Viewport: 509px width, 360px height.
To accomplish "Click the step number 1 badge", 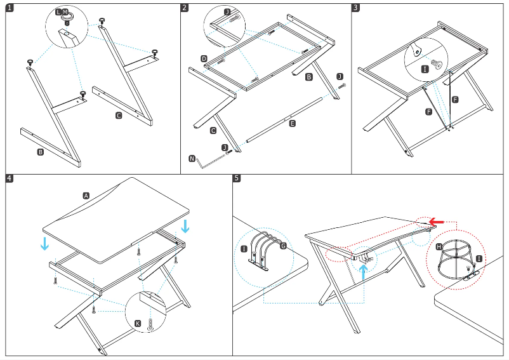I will (9, 8).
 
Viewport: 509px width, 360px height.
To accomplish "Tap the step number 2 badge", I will (184, 8).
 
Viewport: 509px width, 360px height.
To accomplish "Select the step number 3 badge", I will (355, 8).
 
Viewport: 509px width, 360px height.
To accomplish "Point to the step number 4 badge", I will (9, 178).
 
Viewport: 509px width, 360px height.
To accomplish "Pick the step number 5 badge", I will (237, 178).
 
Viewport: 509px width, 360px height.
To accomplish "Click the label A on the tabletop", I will (86, 196).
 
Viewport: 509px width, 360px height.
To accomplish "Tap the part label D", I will (204, 58).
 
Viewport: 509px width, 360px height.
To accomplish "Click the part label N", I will (192, 158).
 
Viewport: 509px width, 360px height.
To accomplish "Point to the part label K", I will (137, 324).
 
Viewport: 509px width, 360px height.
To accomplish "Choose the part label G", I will (283, 245).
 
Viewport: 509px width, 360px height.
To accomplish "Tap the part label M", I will (65, 12).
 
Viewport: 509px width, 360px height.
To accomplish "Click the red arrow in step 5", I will (435, 221).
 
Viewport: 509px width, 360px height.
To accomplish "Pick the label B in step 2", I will (309, 76).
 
